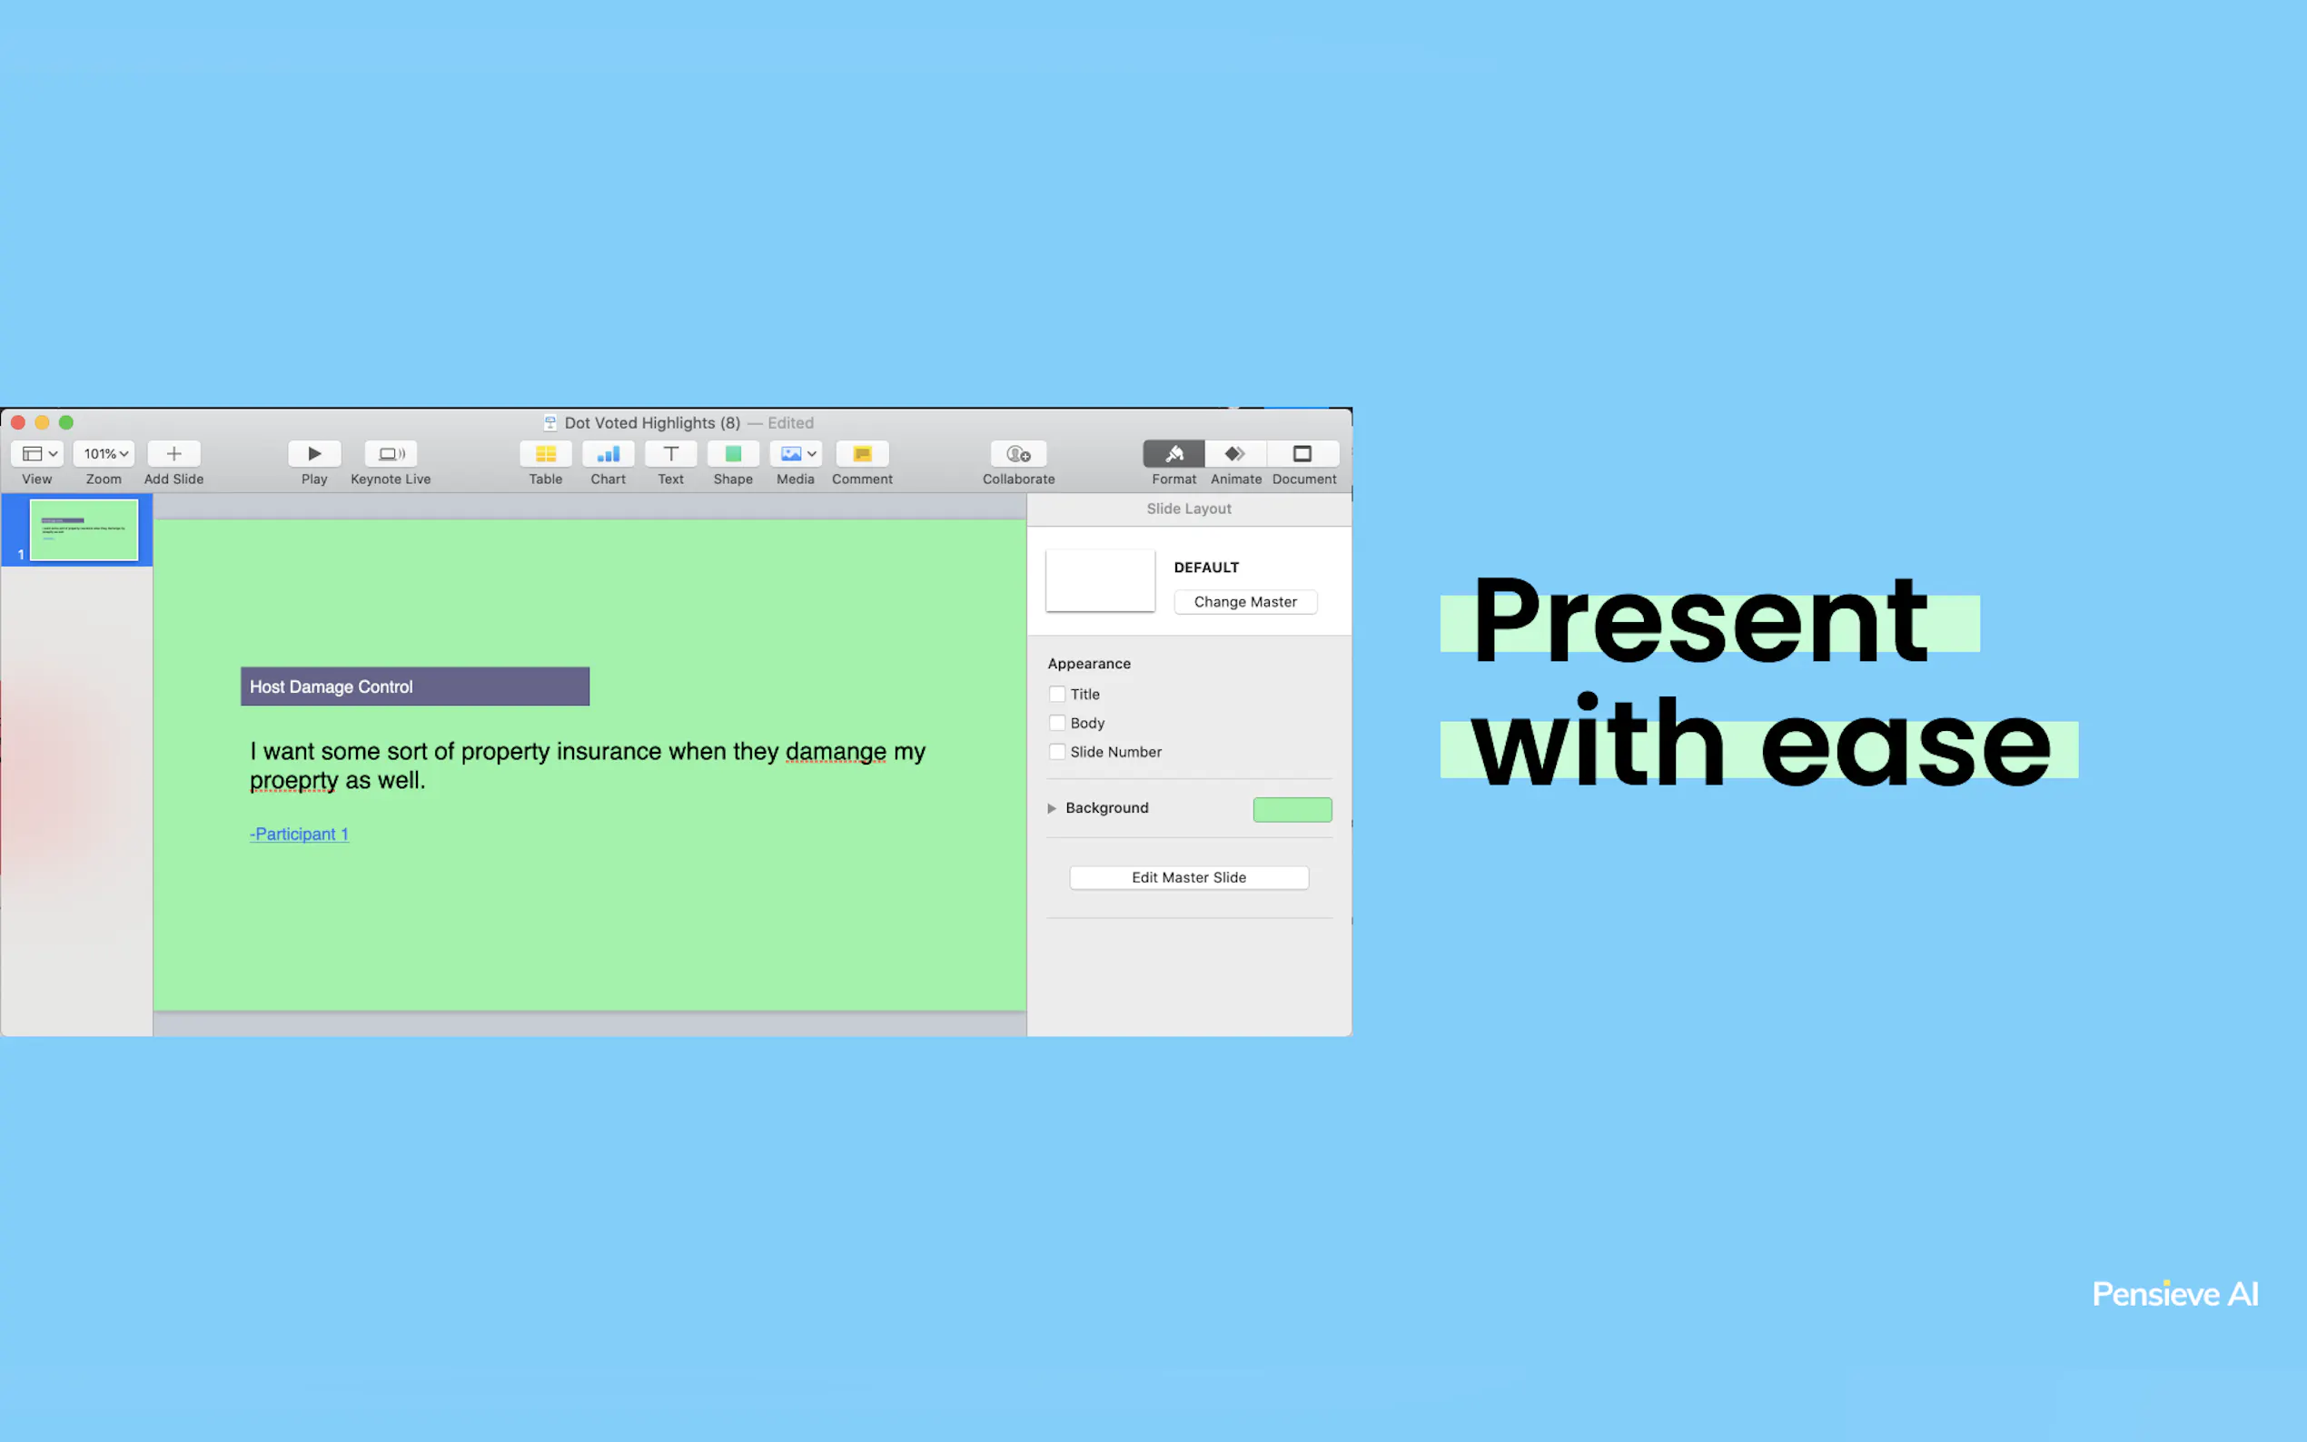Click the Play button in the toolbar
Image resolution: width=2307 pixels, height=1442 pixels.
(x=313, y=454)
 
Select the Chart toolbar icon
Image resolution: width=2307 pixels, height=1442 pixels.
(x=608, y=454)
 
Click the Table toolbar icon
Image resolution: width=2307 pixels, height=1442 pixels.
(x=546, y=454)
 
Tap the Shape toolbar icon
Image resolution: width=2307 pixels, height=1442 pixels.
(x=732, y=454)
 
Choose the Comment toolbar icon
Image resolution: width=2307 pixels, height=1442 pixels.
(x=862, y=454)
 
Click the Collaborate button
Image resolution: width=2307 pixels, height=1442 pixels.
(x=1018, y=454)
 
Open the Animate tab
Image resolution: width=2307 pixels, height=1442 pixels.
(x=1236, y=454)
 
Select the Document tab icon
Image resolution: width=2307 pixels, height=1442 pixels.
(x=1302, y=454)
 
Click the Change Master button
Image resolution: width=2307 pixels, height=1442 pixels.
(x=1245, y=602)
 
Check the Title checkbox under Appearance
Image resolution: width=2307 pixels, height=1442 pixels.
(x=1056, y=695)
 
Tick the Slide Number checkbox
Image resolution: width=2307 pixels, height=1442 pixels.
(x=1056, y=752)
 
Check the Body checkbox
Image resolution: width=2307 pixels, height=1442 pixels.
(x=1056, y=723)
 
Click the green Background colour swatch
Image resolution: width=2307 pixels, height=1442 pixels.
(x=1292, y=809)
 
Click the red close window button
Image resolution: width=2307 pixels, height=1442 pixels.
(x=18, y=422)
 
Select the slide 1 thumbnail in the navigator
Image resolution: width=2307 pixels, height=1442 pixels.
(x=84, y=530)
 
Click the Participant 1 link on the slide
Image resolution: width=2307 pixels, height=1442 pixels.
(x=300, y=835)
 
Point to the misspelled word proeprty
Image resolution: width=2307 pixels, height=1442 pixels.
(x=293, y=781)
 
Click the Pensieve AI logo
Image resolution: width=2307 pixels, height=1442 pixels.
(x=2175, y=1294)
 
